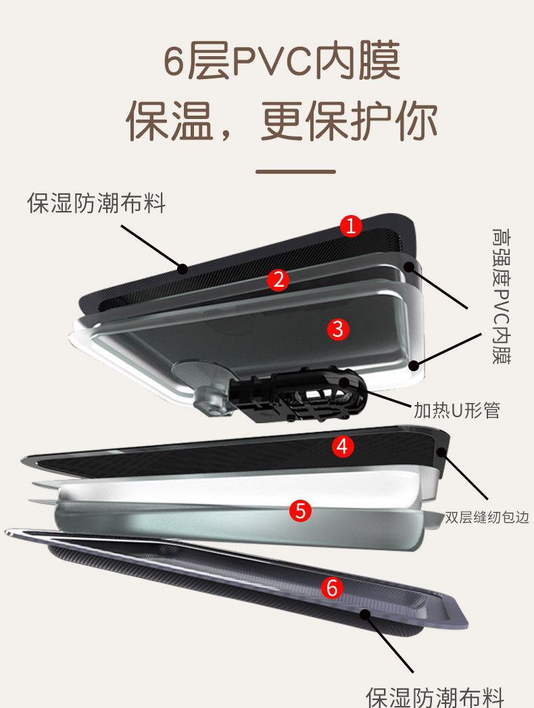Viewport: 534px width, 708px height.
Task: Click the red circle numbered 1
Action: (x=351, y=226)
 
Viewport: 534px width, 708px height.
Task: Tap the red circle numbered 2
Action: (x=278, y=280)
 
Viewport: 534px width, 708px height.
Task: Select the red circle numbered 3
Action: (x=338, y=329)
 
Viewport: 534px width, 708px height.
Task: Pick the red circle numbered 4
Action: (x=343, y=446)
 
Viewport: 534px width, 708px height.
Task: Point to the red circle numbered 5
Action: (x=301, y=511)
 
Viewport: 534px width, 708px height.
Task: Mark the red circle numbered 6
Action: (x=332, y=588)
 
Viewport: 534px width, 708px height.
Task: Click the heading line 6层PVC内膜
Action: (x=282, y=60)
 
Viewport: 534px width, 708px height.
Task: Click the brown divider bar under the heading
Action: (x=295, y=172)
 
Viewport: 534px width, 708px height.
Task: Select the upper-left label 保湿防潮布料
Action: (x=96, y=203)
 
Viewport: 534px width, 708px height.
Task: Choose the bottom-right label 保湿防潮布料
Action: (x=435, y=697)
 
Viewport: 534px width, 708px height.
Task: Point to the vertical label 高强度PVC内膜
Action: (x=501, y=296)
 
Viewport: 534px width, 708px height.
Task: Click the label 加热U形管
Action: (x=457, y=410)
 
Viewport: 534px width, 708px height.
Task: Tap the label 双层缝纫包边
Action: (x=487, y=517)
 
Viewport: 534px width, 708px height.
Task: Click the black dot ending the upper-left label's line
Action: (x=183, y=268)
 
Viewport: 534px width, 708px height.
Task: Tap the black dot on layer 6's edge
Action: (x=365, y=614)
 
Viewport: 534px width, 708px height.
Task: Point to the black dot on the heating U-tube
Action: (x=344, y=383)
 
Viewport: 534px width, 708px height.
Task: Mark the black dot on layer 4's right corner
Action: (x=441, y=452)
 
